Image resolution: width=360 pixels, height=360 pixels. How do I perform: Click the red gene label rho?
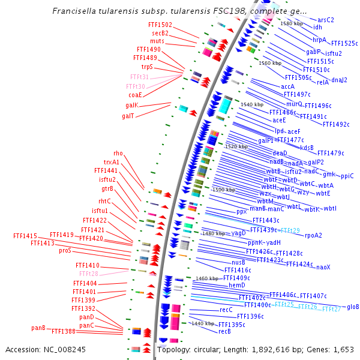118,154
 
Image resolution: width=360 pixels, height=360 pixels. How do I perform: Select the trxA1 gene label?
112,162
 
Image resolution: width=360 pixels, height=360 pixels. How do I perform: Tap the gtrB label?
107,188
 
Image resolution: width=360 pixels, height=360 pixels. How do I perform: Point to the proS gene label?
65,250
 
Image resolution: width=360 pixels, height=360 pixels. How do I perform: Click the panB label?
38,328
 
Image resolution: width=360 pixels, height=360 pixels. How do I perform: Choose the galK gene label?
131,105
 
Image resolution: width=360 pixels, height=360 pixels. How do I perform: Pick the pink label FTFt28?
89,274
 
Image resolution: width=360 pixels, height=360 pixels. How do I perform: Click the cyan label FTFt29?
290,230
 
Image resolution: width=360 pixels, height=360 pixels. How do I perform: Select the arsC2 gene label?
326,20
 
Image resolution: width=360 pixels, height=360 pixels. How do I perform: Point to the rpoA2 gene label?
313,235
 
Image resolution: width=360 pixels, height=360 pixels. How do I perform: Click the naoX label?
323,266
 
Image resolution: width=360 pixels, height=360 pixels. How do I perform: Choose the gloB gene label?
353,307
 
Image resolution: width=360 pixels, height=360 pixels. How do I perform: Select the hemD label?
236,286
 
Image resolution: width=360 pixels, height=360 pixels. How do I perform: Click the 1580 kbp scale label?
292,23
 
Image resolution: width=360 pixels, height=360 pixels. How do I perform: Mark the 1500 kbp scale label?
223,190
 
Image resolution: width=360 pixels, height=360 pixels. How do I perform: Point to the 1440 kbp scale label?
202,323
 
